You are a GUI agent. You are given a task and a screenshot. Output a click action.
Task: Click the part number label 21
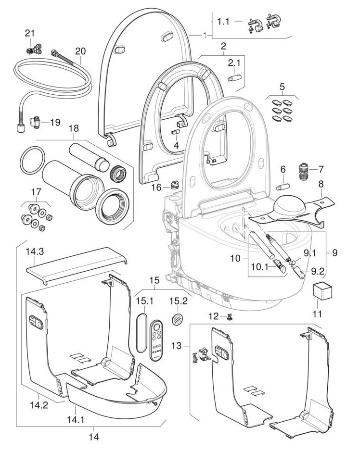tap(30, 34)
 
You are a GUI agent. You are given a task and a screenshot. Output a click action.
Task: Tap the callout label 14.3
tap(35, 251)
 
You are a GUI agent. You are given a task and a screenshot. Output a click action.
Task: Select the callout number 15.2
tap(178, 301)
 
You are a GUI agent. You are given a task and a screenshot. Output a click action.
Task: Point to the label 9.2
tap(317, 271)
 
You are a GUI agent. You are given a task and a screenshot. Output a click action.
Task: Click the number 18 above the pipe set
tap(74, 128)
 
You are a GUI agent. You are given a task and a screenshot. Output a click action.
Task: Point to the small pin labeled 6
tap(283, 187)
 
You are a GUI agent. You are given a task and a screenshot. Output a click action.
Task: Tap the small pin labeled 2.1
tap(234, 78)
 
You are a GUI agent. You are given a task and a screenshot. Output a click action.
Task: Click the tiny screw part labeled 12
tap(230, 317)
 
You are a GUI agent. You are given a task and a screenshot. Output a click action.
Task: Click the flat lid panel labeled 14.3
tap(77, 265)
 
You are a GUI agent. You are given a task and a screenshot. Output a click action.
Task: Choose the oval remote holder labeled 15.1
tap(141, 333)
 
